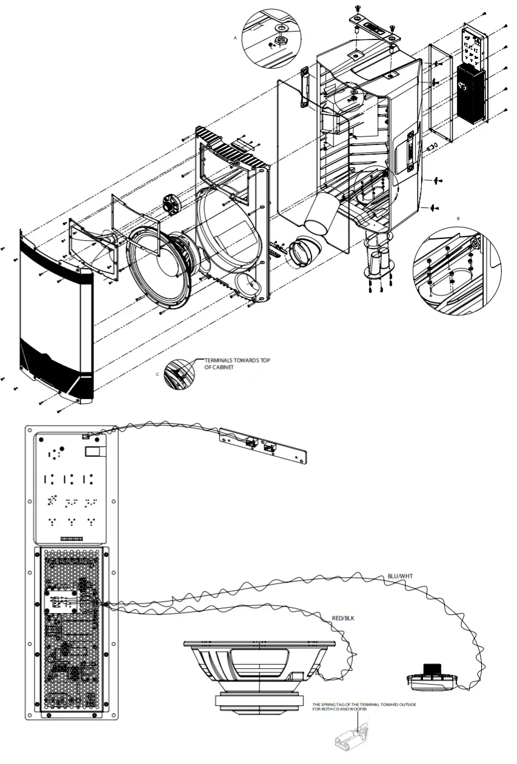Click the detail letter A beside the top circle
click(235, 37)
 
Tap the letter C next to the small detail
click(158, 374)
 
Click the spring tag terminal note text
click(364, 707)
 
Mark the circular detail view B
click(456, 267)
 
